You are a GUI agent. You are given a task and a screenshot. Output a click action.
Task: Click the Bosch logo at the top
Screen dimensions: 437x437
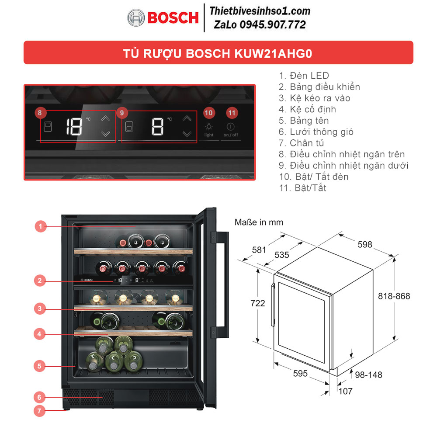click(163, 17)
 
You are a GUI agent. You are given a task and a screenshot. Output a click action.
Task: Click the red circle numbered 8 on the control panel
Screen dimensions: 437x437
click(40, 113)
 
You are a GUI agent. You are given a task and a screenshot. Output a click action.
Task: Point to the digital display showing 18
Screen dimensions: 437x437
click(74, 127)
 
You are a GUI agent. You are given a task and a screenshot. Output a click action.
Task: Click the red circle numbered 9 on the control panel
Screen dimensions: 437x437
click(121, 113)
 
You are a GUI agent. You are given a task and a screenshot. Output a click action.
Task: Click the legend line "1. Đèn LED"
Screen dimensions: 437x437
click(304, 76)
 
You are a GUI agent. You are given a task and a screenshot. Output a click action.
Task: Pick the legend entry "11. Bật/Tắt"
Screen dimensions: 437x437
click(302, 188)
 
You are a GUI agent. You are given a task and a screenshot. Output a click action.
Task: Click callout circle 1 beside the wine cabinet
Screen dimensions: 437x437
click(40, 226)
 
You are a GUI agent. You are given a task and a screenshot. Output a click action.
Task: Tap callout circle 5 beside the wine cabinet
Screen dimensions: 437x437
click(40, 366)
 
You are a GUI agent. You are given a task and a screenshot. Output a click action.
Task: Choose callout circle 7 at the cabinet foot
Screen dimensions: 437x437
click(39, 411)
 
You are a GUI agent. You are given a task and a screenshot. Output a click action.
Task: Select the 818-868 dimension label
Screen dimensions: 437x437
click(394, 296)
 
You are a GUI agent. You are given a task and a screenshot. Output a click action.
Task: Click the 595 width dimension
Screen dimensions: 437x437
click(300, 374)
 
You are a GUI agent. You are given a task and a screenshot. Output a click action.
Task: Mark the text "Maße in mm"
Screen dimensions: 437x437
click(259, 222)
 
